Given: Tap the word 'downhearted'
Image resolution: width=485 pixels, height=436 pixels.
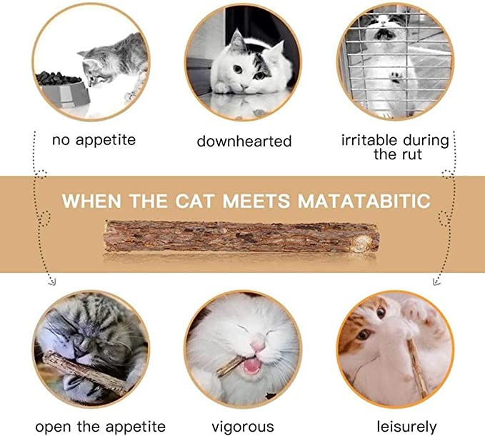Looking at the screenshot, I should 244,142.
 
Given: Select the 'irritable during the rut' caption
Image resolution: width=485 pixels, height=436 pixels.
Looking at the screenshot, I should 395,147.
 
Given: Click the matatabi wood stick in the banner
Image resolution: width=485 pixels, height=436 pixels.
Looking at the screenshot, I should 241,236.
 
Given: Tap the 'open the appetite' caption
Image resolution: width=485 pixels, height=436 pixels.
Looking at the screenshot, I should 100,427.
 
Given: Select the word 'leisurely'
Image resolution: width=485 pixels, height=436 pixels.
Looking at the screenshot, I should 406,427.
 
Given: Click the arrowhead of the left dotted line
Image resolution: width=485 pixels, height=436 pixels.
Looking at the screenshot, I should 51,282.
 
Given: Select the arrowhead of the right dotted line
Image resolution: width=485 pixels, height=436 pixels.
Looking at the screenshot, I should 436,282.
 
